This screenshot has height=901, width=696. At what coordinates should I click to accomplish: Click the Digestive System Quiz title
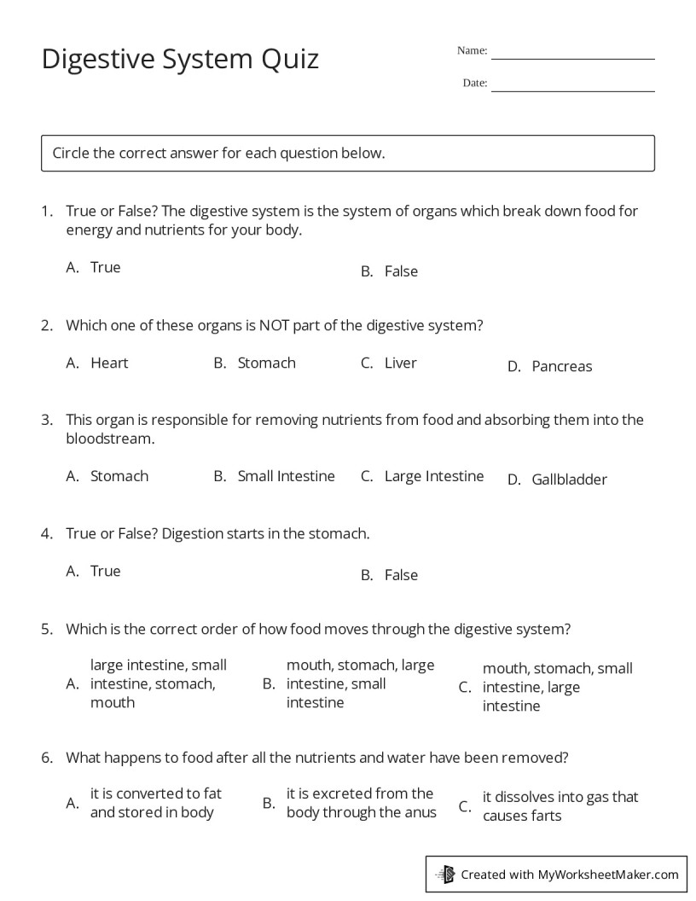coord(180,59)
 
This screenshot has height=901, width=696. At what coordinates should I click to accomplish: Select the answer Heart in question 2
coord(109,363)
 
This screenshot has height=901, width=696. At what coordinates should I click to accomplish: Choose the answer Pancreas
coord(561,366)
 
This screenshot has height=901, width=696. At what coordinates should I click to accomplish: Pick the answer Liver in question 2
coord(400,363)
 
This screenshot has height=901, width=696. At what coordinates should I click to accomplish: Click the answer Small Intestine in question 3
coord(286,476)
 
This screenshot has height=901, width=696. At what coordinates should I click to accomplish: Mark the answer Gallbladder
coord(569,480)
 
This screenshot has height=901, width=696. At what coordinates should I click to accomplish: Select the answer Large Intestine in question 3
coord(433,476)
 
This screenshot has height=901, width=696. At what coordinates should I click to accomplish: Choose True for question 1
coord(106,267)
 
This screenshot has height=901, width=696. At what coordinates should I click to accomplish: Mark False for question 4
coord(401,575)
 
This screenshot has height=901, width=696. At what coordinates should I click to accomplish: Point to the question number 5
coord(47,630)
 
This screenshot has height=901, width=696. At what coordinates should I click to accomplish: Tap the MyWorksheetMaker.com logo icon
coord(445,874)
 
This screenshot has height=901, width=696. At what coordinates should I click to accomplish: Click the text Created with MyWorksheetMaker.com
coord(570,874)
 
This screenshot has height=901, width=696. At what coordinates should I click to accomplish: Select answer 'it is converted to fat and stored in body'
coord(155,803)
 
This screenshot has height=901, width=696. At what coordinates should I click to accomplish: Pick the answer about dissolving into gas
coord(560,806)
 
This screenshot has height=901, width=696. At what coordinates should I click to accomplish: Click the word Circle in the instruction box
coord(71,154)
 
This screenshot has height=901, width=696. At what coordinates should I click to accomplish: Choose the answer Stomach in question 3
coord(119,476)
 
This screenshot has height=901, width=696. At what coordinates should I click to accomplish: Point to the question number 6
coord(47,757)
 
